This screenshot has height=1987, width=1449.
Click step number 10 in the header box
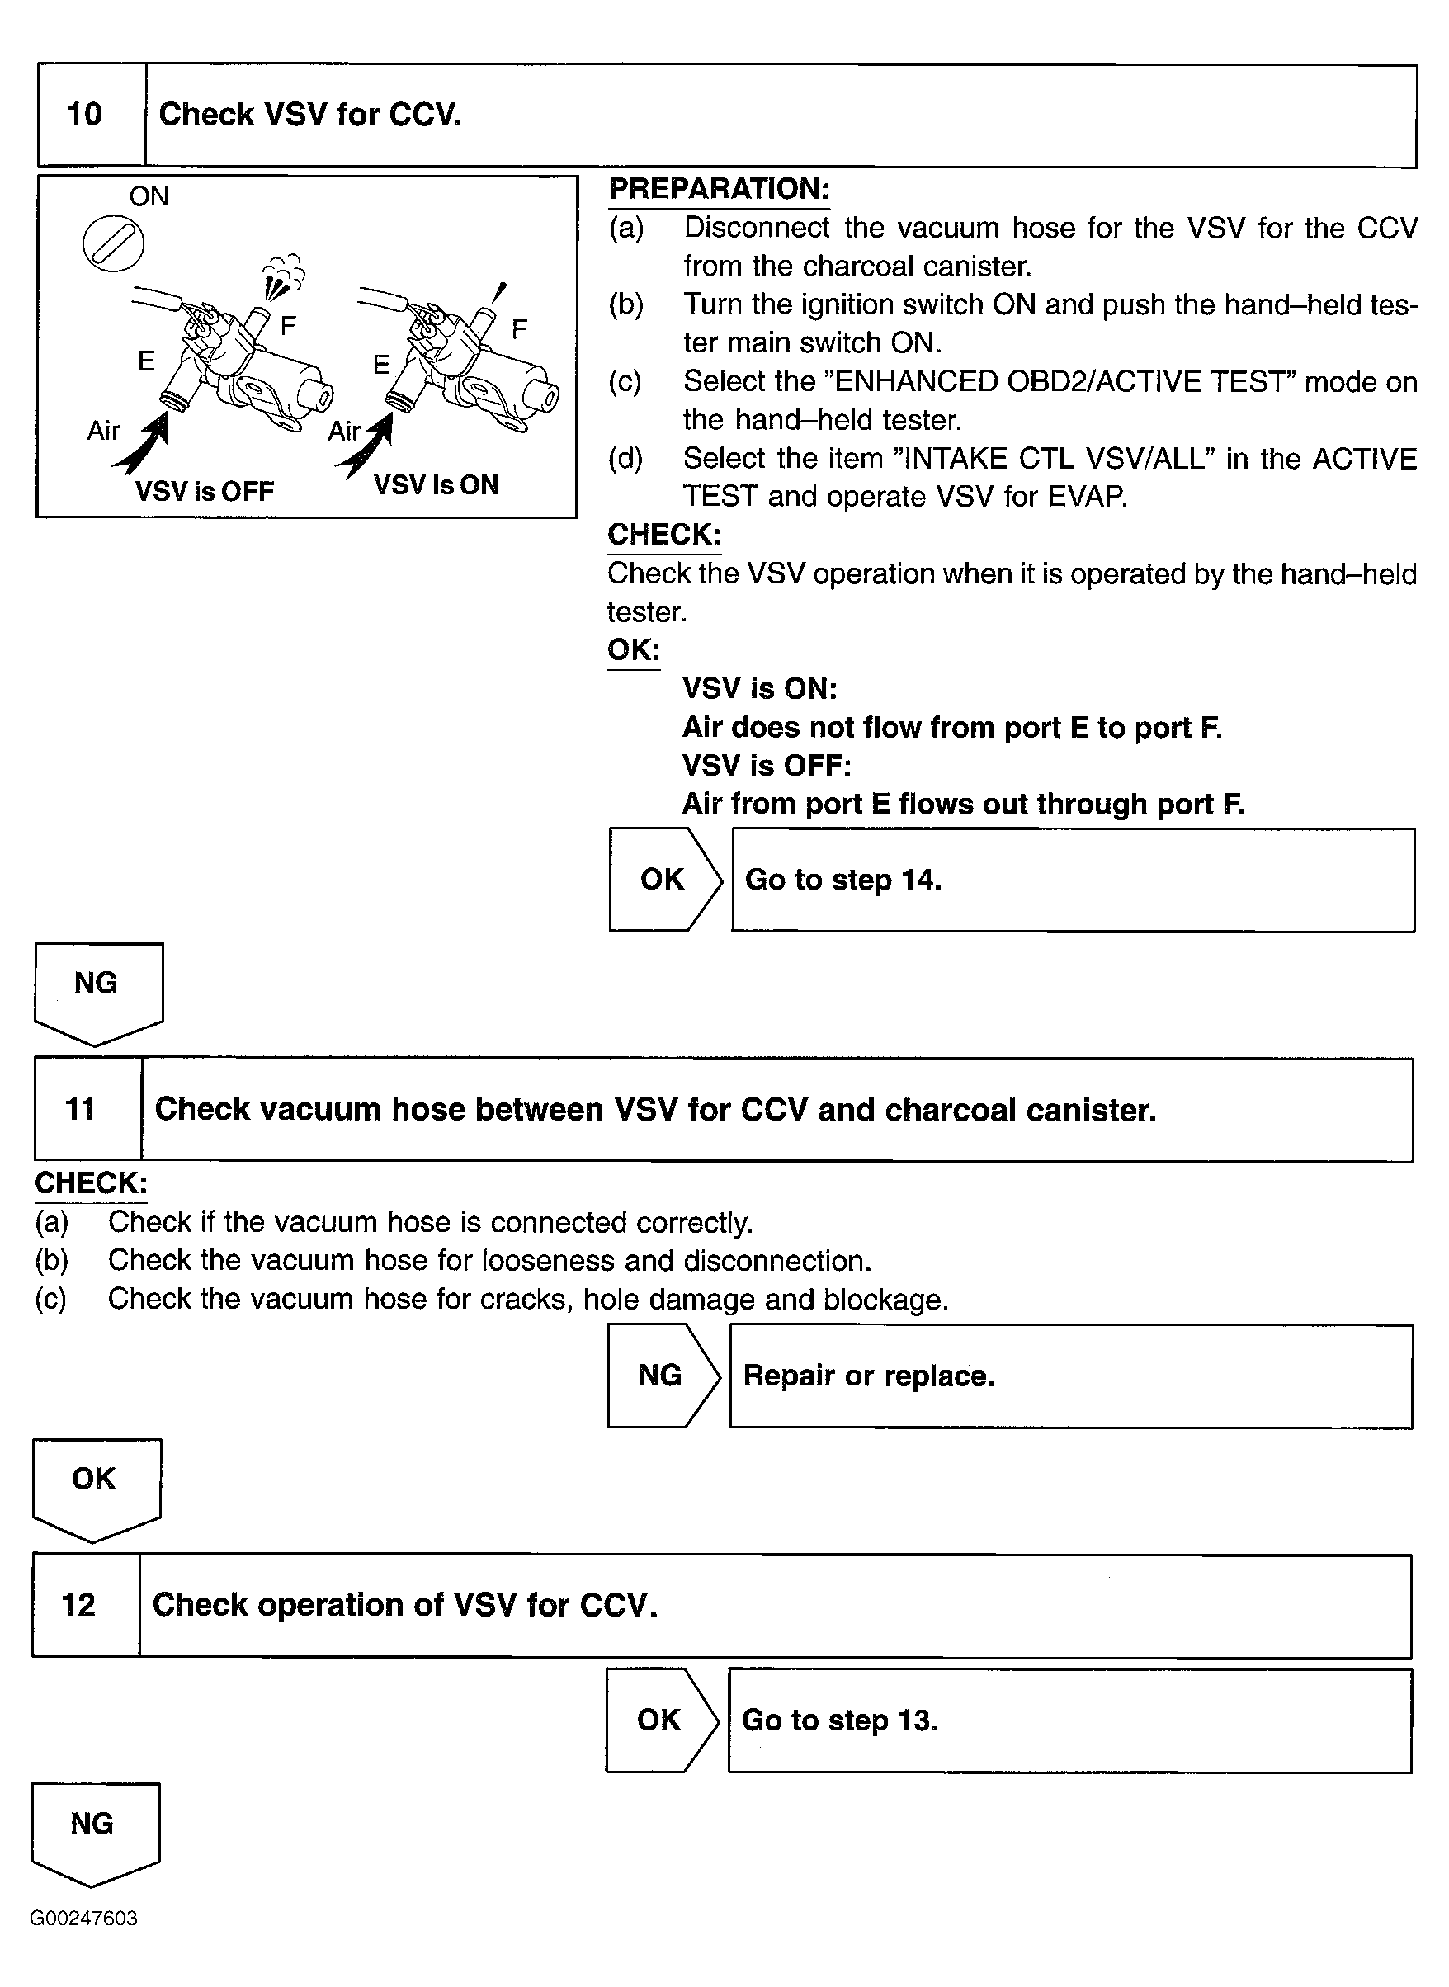pos(85,114)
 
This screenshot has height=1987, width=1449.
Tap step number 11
pos(81,1109)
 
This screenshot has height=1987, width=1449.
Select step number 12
pos(79,1605)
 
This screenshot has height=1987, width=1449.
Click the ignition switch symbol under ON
pos(113,243)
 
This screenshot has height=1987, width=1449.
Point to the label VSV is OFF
pos(205,491)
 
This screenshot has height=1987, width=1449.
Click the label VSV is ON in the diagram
pos(436,485)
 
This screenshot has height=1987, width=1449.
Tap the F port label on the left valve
pos(288,326)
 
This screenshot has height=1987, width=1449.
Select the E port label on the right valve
pos(380,364)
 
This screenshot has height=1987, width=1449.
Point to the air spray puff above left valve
pos(281,276)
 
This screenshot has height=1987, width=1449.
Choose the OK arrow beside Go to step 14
pos(664,880)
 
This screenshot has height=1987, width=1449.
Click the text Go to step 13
pos(839,1720)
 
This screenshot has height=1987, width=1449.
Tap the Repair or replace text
pos(868,1376)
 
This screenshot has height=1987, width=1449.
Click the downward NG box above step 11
pos(97,989)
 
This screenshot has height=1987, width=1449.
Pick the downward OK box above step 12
pos(95,1484)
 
